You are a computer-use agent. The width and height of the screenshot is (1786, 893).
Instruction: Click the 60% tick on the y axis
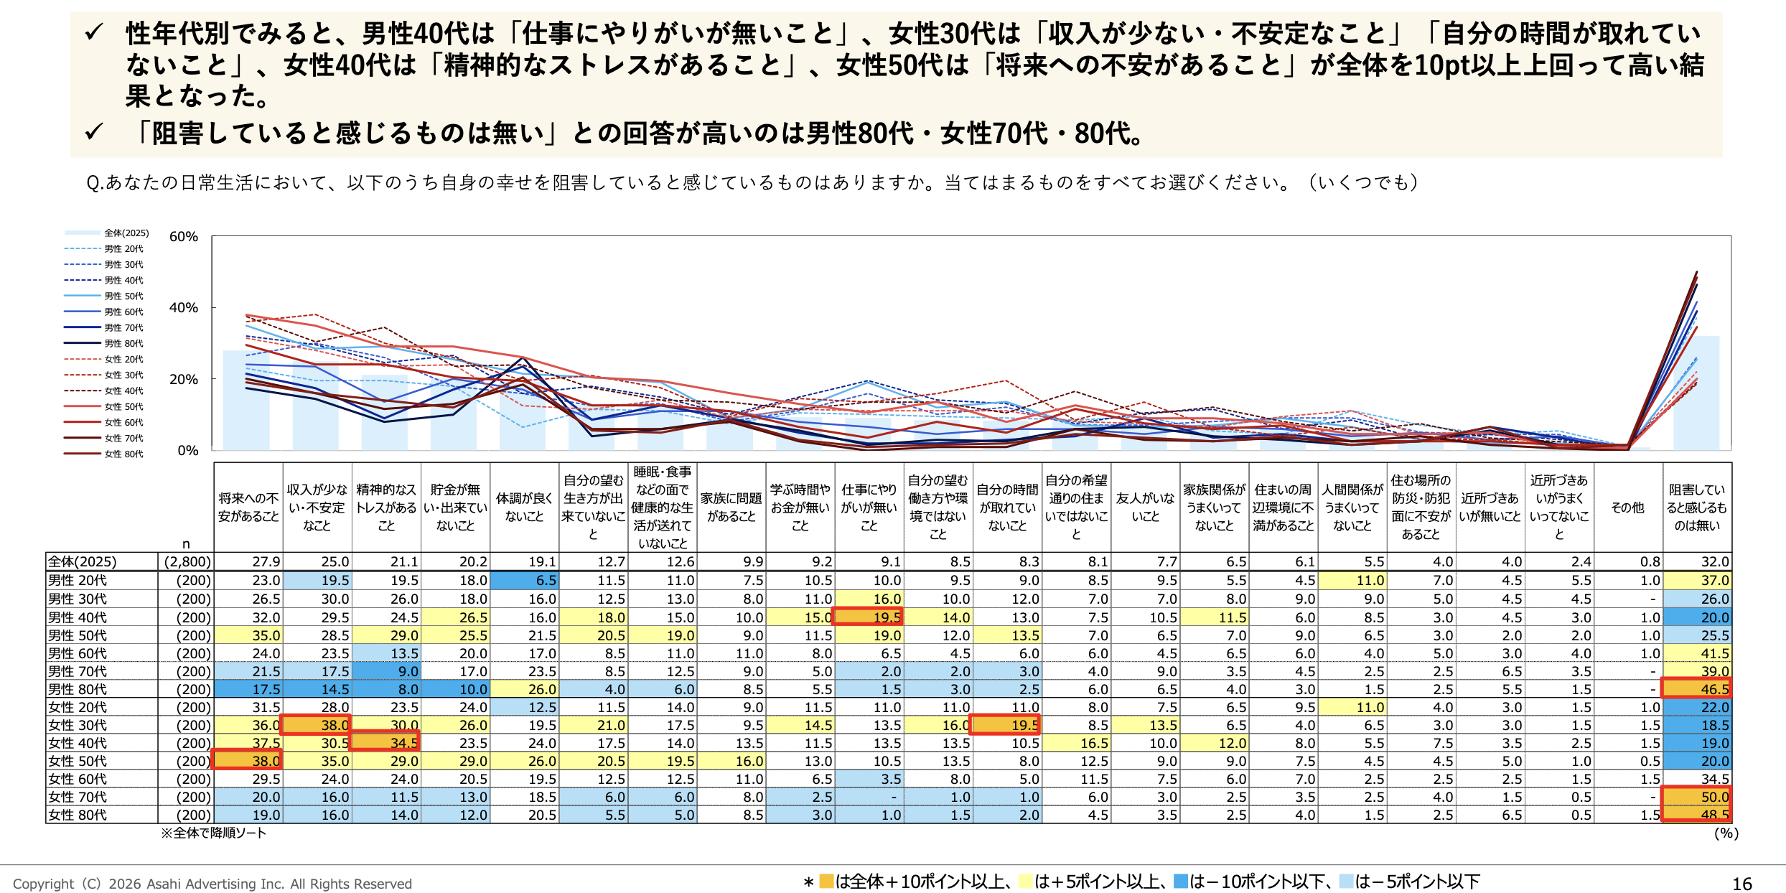pos(183,237)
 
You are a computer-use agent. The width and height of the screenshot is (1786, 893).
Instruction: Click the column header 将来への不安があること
pos(248,507)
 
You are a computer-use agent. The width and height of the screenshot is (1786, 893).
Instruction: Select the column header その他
pos(1627,508)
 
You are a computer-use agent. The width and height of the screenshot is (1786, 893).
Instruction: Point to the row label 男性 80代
pos(78,689)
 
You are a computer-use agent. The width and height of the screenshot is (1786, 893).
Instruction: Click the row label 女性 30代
pos(78,725)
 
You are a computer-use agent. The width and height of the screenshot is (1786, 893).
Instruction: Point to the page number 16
pos(1741,884)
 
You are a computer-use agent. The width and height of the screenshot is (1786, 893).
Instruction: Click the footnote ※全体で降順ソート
pos(213,833)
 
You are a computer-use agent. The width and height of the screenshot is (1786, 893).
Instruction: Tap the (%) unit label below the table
pos(1726,833)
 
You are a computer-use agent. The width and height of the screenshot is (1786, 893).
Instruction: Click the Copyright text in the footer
pos(212,884)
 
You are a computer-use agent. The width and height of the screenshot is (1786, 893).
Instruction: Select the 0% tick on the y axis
pos(187,450)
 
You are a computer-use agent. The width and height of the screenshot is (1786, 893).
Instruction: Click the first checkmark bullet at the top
pos(94,33)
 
